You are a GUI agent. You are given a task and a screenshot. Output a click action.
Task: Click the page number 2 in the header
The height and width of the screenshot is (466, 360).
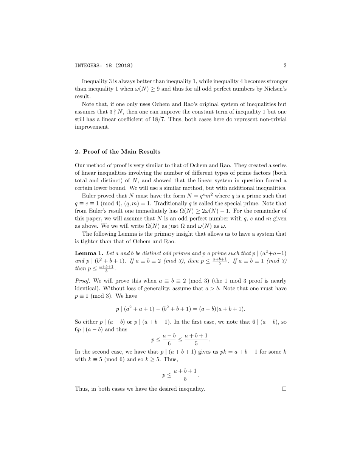[285, 65]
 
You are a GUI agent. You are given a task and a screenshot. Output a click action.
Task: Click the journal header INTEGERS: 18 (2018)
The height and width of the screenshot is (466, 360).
[104, 65]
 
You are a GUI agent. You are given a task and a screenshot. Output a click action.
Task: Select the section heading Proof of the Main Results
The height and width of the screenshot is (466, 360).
[121, 152]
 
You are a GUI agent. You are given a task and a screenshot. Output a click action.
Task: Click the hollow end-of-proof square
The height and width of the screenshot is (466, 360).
[284, 388]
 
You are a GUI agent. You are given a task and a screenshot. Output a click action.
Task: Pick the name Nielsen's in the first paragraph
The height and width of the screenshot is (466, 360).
[275, 89]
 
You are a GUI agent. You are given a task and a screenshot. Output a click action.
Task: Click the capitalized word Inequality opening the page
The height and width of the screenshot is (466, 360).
[94, 81]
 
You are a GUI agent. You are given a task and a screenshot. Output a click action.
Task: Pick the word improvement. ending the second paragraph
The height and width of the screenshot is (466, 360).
[92, 127]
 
